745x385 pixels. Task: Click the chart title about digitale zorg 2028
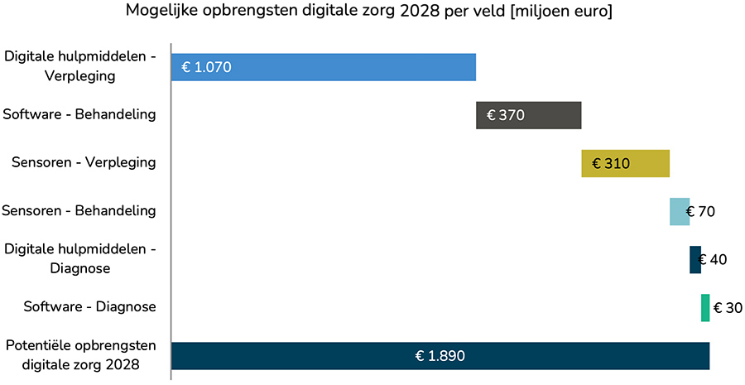pos(368,12)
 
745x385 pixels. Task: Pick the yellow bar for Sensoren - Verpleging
pos(646,163)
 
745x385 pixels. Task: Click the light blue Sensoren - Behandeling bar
pos(678,211)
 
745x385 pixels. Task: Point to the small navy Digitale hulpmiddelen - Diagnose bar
pos(694,259)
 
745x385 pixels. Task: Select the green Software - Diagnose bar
pos(705,307)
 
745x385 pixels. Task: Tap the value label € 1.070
pos(207,67)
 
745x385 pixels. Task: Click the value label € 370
pos(506,115)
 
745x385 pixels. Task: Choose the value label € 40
pos(713,259)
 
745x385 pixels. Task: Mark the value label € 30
pos(728,307)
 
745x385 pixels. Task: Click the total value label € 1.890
pos(440,356)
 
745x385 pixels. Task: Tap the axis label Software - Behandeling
pos(79,114)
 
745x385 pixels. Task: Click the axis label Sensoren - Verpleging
pos(84,162)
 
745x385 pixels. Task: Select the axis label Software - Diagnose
pos(89,306)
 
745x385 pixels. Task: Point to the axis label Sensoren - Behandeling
pos(79,210)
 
